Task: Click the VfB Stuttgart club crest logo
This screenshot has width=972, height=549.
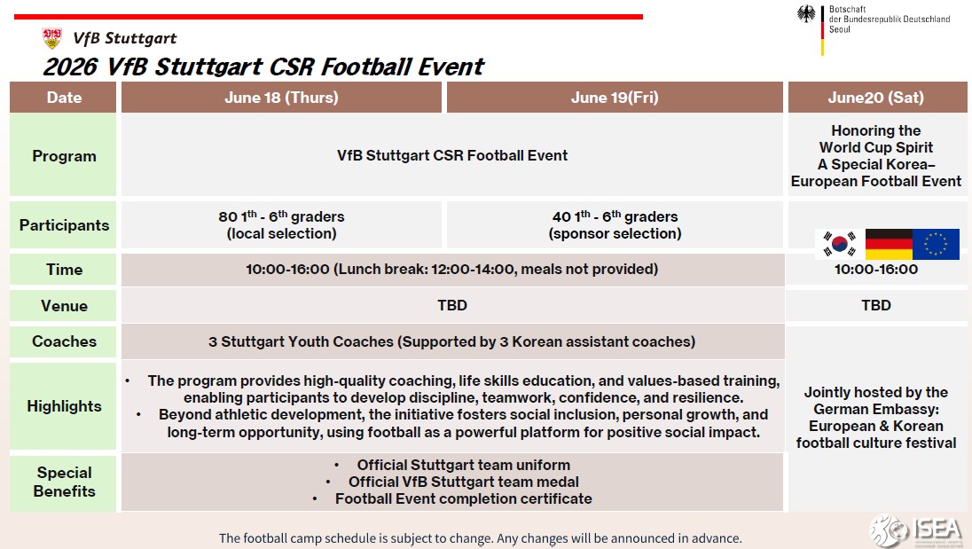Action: [52, 38]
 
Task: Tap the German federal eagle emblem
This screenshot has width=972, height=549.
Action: [806, 14]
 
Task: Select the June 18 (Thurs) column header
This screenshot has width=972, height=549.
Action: [281, 98]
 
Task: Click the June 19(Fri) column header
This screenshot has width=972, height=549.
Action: [615, 98]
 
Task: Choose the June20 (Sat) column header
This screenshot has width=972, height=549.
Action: [876, 98]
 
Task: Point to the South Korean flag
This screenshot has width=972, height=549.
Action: [839, 244]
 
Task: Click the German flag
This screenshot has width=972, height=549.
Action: [889, 244]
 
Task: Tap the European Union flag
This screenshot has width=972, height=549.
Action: [936, 244]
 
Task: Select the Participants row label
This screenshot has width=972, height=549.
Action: [64, 225]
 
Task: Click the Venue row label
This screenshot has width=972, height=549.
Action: [64, 305]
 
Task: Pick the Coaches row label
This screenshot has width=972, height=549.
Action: [64, 341]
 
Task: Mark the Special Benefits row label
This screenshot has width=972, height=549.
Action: [64, 482]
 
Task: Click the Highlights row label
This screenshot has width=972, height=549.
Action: [64, 406]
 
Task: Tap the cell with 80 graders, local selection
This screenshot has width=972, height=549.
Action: [281, 225]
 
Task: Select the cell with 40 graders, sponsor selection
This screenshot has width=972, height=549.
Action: [615, 225]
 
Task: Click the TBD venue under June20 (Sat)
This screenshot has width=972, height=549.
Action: [876, 305]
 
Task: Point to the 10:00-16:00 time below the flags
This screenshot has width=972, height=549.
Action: [876, 270]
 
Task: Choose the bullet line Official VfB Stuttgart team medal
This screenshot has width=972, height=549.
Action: [463, 482]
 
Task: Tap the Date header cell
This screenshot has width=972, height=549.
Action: [64, 98]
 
